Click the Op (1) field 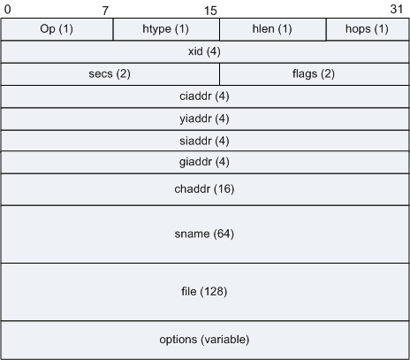point(57,29)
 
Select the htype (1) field point(166,29)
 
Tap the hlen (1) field point(273,29)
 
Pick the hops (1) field point(368,29)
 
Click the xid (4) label point(204,51)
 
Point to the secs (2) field point(110,74)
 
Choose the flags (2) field point(315,74)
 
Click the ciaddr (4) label point(204,96)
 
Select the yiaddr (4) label point(204,119)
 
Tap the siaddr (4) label point(204,141)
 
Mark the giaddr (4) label point(204,162)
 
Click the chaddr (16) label point(204,189)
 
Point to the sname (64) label point(204,234)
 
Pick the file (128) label point(204,292)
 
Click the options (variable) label point(204,340)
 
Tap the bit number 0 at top point(7,9)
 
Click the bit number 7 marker point(105,11)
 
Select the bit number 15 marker point(210,11)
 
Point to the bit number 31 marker point(397,9)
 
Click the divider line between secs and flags point(219,74)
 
